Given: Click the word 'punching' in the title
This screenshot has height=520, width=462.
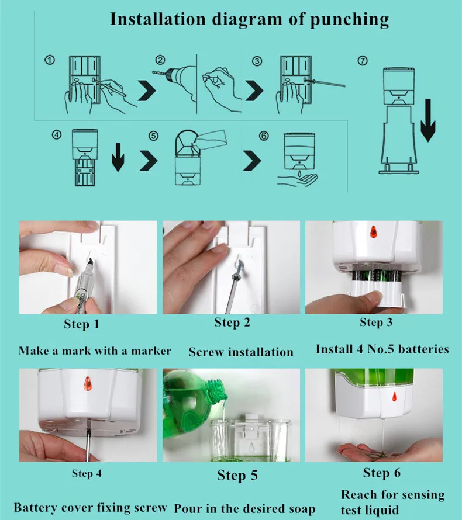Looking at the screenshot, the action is click(349, 20).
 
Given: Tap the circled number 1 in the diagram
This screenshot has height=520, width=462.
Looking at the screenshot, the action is click(50, 60).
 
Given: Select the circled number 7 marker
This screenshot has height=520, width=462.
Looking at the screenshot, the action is click(363, 61).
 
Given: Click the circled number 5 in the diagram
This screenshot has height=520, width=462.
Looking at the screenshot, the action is click(153, 136).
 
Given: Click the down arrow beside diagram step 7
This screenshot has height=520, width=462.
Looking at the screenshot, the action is click(428, 120).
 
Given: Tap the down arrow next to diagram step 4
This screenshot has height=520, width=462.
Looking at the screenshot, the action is click(118, 157).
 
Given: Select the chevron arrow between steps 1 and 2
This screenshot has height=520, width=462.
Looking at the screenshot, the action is click(147, 90).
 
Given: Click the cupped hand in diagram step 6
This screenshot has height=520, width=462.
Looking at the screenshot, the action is click(298, 180).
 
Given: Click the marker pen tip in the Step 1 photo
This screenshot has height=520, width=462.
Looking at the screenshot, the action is click(90, 262).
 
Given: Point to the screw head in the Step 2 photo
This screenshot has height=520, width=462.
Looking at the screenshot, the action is click(240, 265).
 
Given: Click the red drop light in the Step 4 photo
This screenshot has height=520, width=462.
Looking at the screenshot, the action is click(88, 383).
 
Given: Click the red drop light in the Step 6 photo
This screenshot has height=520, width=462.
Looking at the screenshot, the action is click(394, 396).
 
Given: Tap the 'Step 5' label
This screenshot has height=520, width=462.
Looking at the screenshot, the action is click(237, 475).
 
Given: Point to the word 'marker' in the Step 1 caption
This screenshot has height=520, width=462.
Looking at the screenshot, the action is click(151, 351).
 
